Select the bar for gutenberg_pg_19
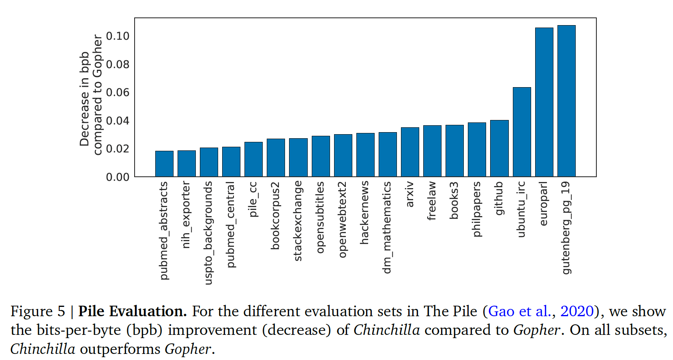(x=566, y=101)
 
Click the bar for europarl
(x=544, y=102)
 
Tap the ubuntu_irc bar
(x=522, y=132)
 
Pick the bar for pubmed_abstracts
(x=164, y=164)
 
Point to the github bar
(x=499, y=148)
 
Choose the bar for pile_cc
(x=253, y=159)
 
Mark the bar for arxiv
(x=410, y=152)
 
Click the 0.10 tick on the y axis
(x=118, y=36)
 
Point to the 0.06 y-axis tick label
(x=118, y=92)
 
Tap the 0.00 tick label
(x=118, y=177)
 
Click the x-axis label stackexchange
(x=298, y=221)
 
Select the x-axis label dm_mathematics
(x=387, y=227)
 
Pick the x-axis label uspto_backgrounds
(x=208, y=233)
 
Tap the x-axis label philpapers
(x=477, y=209)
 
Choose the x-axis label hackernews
(x=365, y=212)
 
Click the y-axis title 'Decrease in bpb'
(x=84, y=99)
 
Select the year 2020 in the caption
(x=577, y=311)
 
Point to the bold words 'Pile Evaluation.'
(x=133, y=311)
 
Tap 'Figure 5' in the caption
(x=38, y=311)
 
